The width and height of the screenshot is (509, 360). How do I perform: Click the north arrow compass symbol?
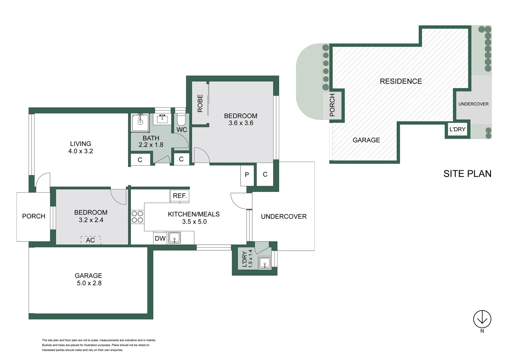[482, 319]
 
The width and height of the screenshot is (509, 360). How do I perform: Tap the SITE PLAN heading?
[467, 174]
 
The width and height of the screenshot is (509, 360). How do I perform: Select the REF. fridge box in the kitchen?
[180, 196]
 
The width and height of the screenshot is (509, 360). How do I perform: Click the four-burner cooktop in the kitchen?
[137, 217]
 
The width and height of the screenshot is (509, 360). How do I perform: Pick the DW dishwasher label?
[160, 238]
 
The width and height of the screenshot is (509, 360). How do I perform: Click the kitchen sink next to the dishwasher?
[174, 238]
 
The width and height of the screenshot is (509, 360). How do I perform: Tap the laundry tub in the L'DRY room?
[265, 263]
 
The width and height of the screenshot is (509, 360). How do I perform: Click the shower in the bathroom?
[140, 123]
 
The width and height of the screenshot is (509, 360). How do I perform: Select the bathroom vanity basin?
[162, 119]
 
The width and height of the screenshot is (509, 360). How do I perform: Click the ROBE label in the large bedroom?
[200, 103]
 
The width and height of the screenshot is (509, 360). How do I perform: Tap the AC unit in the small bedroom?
[91, 240]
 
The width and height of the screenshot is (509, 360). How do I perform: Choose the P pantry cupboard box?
[247, 175]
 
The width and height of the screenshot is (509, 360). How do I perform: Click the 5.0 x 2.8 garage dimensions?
[89, 283]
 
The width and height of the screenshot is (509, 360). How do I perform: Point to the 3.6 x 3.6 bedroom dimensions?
[241, 123]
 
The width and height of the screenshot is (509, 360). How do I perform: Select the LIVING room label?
[80, 144]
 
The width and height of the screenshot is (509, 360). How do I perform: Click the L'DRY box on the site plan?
[457, 130]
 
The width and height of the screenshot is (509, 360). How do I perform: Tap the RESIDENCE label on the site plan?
[401, 81]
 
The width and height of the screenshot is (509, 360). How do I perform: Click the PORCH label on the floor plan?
[34, 216]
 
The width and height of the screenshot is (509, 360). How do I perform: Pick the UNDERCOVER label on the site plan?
[473, 104]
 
